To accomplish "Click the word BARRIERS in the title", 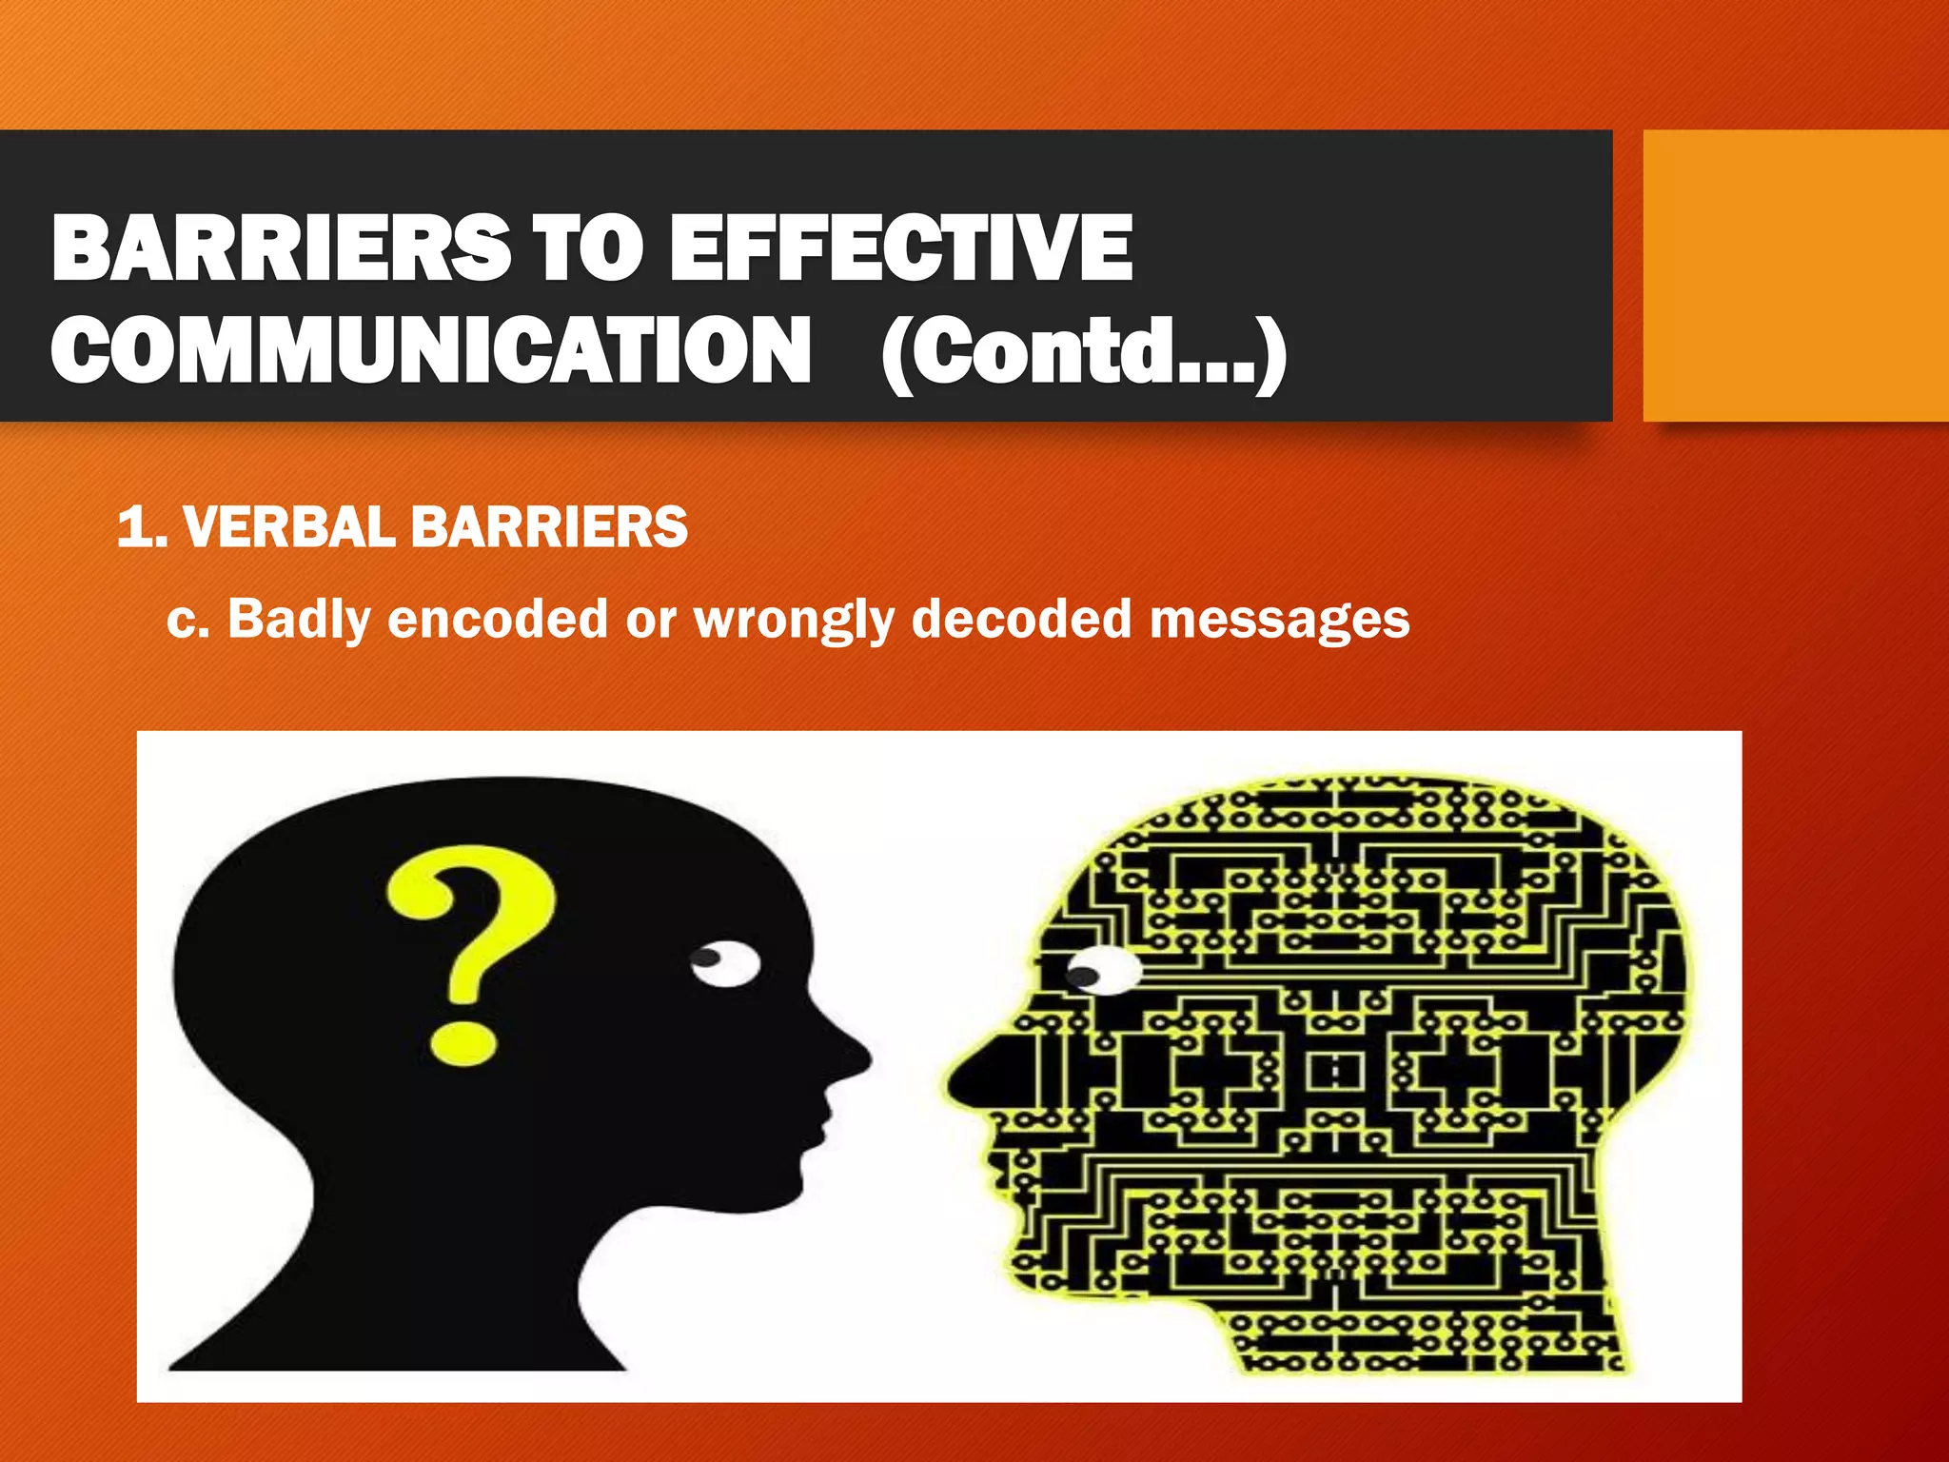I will pyautogui.click(x=282, y=247).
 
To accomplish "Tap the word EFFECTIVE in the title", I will pyautogui.click(x=900, y=247).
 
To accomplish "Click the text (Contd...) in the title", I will pyautogui.click(x=1084, y=352).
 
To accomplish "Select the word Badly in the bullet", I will pyautogui.click(x=298, y=620).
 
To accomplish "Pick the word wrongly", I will pyautogui.click(x=794, y=620).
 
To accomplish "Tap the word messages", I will pyautogui.click(x=1279, y=620).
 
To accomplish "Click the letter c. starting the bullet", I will pyautogui.click(x=187, y=620).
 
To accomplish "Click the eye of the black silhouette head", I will pyautogui.click(x=725, y=964).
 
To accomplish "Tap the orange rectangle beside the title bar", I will pyautogui.click(x=1795, y=275).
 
